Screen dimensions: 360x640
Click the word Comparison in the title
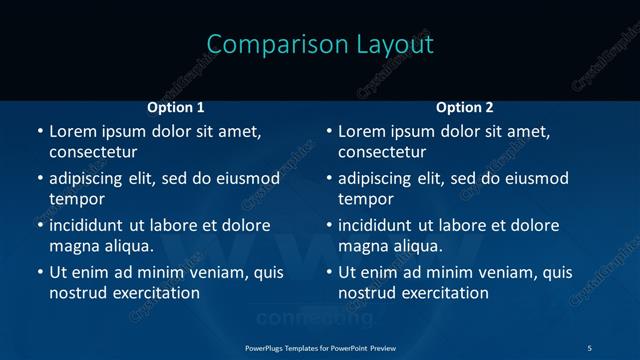point(264,45)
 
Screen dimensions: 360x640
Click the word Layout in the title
point(395,45)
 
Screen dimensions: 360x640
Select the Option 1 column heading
point(176,107)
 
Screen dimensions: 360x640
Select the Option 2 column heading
point(465,107)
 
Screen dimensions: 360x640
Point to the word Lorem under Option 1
point(71,131)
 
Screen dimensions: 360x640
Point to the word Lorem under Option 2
point(360,131)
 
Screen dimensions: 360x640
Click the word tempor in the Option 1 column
point(76,199)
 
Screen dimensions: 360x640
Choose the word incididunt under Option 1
point(92,225)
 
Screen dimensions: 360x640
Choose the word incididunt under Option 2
point(381,225)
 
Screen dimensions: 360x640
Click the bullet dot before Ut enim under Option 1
point(39,272)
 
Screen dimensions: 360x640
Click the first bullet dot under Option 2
point(328,131)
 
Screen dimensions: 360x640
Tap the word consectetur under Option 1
point(93,152)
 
